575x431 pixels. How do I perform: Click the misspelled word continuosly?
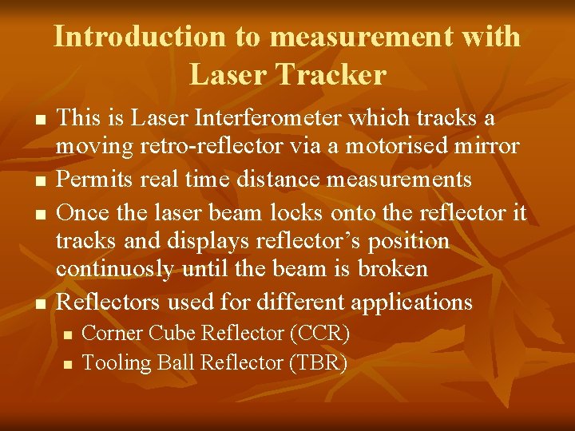[114, 269]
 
